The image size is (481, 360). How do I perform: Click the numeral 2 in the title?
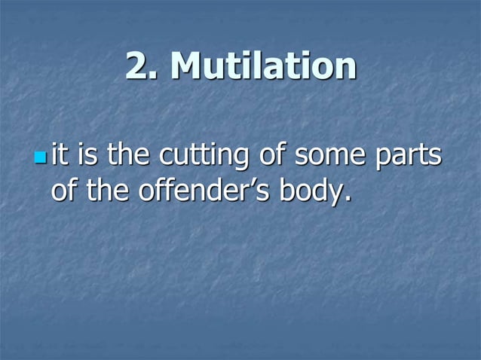(x=136, y=68)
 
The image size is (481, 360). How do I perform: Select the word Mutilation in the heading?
(x=263, y=67)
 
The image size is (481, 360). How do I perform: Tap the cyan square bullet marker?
(x=41, y=159)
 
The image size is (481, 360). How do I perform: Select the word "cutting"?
(x=201, y=158)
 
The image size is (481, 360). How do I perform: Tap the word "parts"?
(x=407, y=158)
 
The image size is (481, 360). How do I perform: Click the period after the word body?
(x=348, y=200)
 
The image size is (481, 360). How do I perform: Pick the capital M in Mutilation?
(x=186, y=68)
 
